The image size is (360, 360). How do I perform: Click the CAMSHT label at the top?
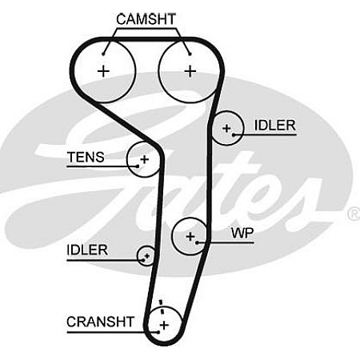pos(146,19)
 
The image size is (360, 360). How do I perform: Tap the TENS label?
pos(86,157)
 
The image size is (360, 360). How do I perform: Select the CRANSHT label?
pos(100,322)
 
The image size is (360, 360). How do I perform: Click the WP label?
pos(242,233)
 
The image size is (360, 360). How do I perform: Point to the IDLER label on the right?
pos(275,126)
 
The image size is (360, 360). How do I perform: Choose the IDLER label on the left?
pos(87,250)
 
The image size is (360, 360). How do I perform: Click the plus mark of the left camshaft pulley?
pos(103,71)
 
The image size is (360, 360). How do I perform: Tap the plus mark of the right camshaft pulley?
pos(190,71)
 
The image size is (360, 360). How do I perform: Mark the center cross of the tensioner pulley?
pos(144,159)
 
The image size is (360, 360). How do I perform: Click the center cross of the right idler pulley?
pos(226,129)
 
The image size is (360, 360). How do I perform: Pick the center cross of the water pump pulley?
pos(190,236)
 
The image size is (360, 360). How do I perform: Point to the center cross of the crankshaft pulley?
pos(164,325)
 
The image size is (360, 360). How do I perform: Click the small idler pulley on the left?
pos(146,256)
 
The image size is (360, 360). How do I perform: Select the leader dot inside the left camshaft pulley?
pos(103,54)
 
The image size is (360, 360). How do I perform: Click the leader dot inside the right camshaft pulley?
pos(190,54)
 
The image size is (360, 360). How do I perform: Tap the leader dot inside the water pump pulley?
pos(198,242)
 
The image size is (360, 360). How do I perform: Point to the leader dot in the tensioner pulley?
pos(138,166)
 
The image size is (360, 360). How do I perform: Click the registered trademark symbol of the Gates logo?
pos(354,214)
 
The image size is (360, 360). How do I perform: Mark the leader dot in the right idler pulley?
pos(234,134)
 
